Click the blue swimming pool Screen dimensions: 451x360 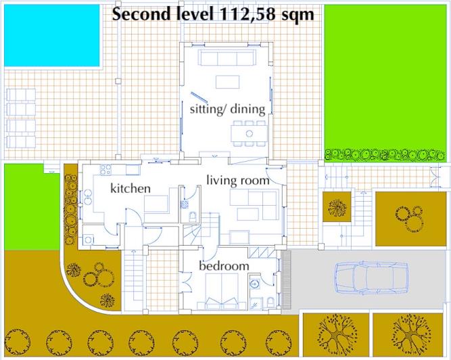pos(52,35)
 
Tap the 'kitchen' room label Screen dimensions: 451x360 pos(130,189)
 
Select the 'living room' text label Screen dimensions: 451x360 pos(238,181)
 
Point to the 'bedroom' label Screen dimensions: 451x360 pos(224,266)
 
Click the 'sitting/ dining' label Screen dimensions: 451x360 pos(227,110)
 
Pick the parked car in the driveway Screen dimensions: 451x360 pos(371,277)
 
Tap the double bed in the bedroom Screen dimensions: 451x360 pos(222,291)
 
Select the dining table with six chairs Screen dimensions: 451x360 pos(249,133)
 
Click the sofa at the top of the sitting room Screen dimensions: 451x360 pos(227,58)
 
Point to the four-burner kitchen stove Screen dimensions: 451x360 pos(105,169)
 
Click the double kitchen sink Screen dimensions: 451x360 pos(87,197)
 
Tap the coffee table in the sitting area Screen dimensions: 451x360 pos(227,82)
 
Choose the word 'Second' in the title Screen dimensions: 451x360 pos(141,14)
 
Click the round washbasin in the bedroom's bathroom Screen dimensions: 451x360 pos(254,284)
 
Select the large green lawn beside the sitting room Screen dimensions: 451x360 pos(385,83)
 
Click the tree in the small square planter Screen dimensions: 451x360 pos(337,206)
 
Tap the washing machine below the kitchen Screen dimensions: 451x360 pos(89,240)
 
